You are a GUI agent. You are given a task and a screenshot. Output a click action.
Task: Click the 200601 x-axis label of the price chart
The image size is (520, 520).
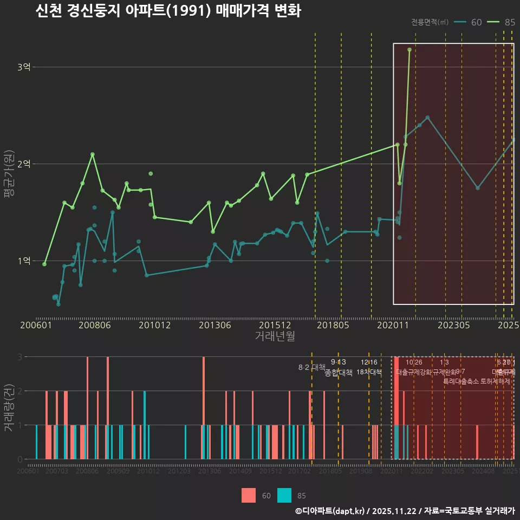coord(36,326)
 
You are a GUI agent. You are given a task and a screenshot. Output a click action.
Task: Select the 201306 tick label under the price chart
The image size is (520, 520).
coord(215,326)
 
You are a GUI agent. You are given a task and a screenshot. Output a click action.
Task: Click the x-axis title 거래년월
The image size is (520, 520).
coord(275,336)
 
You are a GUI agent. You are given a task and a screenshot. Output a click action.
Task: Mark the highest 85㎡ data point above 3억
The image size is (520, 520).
coord(409,49)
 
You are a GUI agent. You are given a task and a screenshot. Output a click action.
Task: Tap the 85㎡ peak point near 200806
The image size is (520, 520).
coord(93,154)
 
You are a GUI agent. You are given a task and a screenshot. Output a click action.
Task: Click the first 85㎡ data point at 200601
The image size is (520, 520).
coord(44,264)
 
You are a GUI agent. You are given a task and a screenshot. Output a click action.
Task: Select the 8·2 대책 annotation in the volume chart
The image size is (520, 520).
coord(311,367)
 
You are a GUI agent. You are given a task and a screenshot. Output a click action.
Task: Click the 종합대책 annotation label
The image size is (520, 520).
coord(339,372)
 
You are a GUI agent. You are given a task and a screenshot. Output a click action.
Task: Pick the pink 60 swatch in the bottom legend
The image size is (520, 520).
coord(249,495)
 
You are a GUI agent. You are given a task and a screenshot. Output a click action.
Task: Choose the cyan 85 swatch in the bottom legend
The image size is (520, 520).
coord(284,495)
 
